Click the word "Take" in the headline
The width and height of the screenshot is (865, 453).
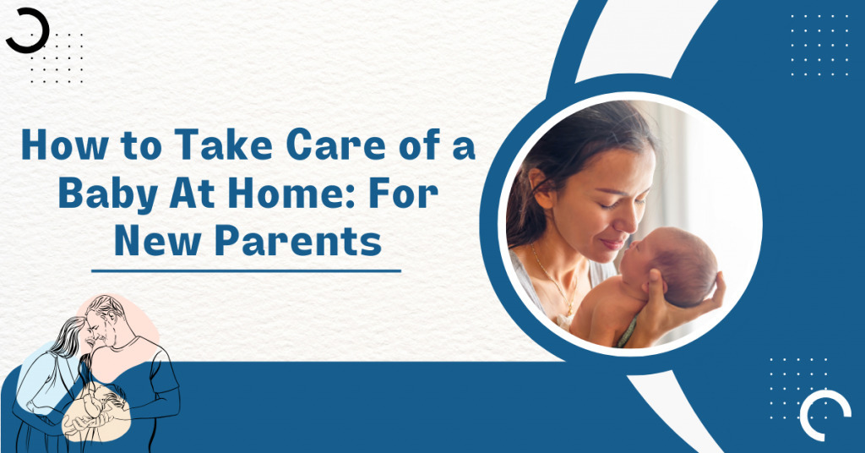pyautogui.click(x=223, y=144)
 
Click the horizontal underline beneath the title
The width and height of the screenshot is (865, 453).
pyautogui.click(x=246, y=271)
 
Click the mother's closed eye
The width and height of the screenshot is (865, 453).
pyautogui.click(x=605, y=205)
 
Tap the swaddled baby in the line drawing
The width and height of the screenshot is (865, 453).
pyautogui.click(x=100, y=406)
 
